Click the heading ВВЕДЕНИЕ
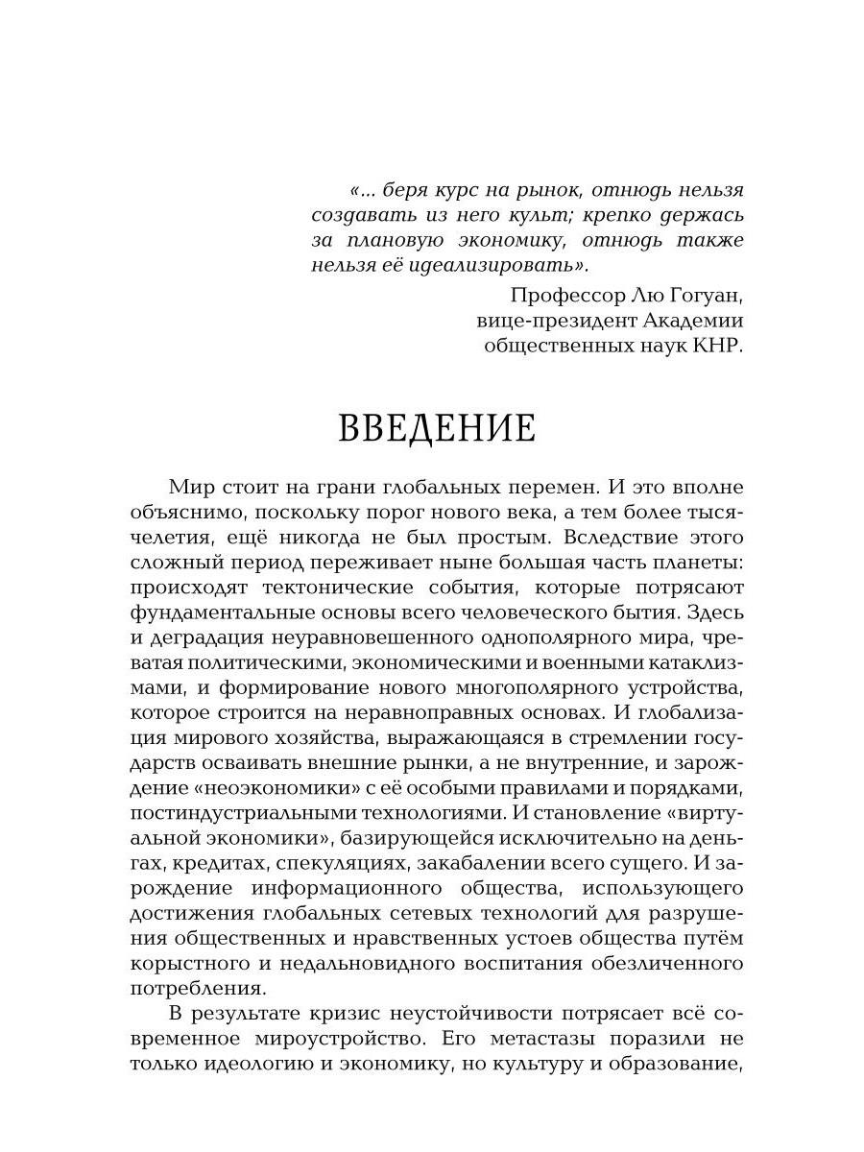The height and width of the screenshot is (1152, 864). (x=437, y=428)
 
